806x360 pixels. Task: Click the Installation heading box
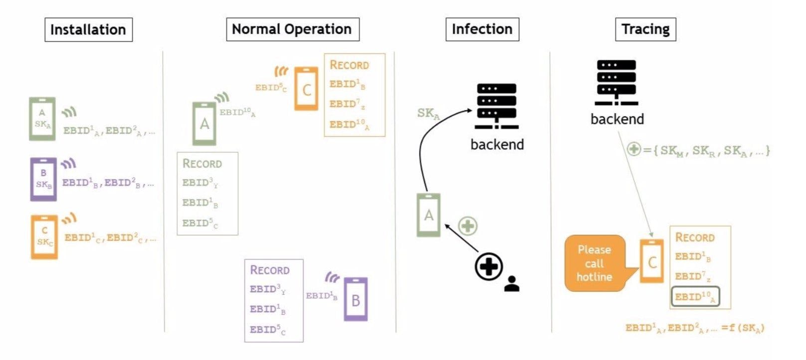coord(88,29)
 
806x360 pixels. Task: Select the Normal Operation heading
coord(292,29)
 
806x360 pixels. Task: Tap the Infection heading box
coord(482,29)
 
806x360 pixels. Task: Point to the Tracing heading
coord(645,29)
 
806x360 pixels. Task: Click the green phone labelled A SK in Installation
coord(42,119)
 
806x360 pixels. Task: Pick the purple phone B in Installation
coord(43,179)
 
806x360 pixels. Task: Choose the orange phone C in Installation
coord(44,237)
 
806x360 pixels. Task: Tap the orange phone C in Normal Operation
coord(306,89)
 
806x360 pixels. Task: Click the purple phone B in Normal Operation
coord(356,299)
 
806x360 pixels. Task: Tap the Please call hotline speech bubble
coord(594,263)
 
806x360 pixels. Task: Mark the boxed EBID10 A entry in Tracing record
coord(695,297)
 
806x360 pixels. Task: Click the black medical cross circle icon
coord(488,266)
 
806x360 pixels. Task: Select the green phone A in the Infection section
coord(428,215)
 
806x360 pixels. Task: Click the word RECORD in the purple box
coord(269,270)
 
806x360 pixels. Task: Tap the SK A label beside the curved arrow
coord(428,114)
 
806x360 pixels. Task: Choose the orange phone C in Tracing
coord(652,261)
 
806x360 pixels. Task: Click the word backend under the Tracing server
coord(617,119)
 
